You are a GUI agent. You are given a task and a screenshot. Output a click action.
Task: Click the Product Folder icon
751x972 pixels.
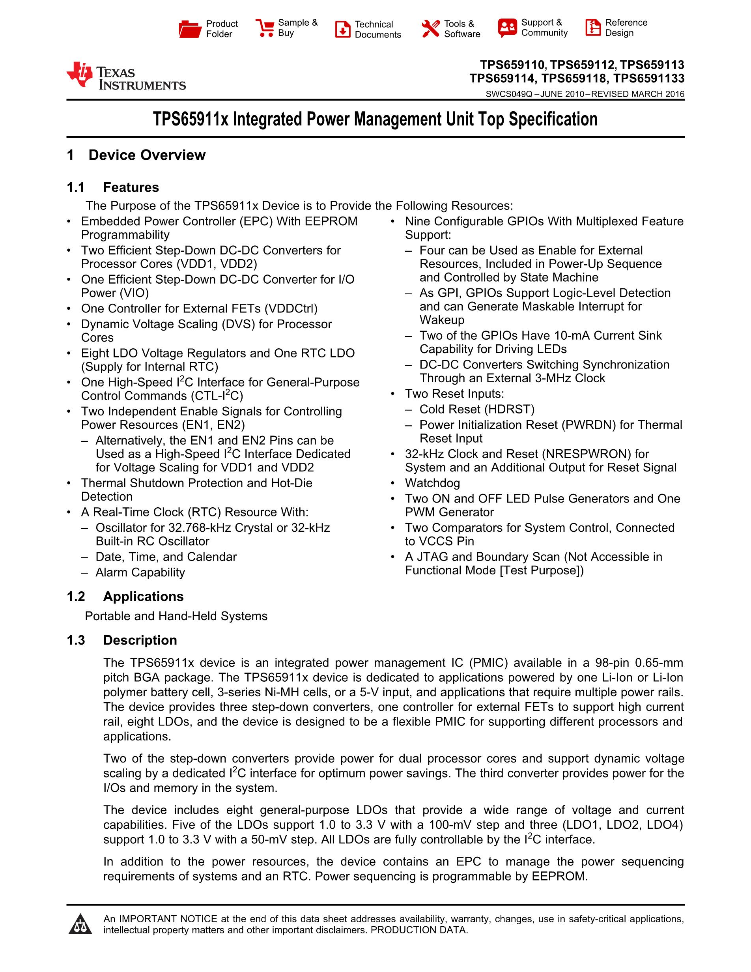190,29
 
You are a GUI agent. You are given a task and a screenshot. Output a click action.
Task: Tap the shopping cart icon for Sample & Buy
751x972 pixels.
265,28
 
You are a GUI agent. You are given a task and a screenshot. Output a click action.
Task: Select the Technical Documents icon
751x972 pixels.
343,29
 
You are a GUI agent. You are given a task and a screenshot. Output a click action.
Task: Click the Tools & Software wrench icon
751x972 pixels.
430,29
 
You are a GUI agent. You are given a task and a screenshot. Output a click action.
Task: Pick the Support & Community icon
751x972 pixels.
507,28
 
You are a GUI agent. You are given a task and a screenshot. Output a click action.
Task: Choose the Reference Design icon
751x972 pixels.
592,28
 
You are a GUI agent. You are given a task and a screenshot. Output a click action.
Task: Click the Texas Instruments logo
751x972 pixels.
126,76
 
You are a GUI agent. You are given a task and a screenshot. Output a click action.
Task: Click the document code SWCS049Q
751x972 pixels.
508,94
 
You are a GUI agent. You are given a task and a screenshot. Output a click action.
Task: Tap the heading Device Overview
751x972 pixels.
147,155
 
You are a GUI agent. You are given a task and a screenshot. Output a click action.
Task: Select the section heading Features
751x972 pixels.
131,187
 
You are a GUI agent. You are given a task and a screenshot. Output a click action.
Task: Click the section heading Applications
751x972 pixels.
143,596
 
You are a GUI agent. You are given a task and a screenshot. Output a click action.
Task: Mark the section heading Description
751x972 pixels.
140,640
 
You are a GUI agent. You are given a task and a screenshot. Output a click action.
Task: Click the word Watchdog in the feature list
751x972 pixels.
432,483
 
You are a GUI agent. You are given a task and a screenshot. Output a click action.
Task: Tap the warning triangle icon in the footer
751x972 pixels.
80,924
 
